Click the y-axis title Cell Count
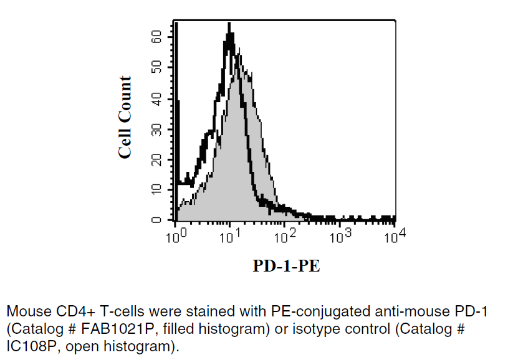[125, 117]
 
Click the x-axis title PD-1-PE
[286, 267]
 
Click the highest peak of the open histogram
[229, 25]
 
